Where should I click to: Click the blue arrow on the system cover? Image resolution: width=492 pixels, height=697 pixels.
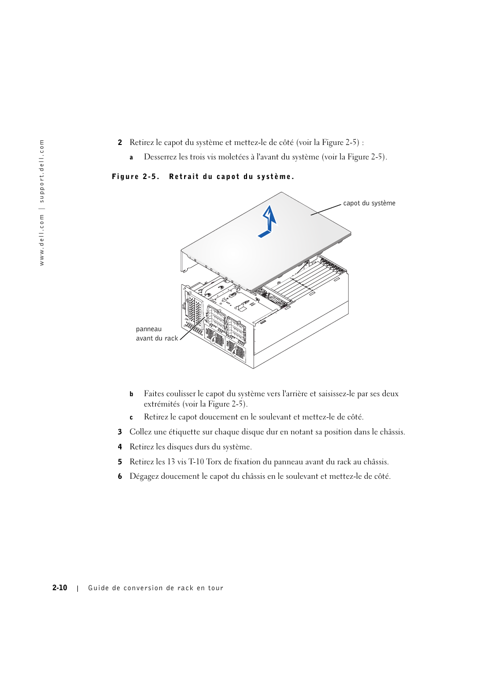[268, 221]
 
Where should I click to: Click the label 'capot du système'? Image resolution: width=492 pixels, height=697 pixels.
[369, 203]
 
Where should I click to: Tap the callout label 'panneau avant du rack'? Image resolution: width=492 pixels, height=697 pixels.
[156, 334]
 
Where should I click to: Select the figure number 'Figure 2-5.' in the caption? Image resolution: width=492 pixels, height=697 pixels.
[135, 176]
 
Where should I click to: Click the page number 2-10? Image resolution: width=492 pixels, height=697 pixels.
[60, 588]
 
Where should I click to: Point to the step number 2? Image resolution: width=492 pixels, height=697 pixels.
[120, 142]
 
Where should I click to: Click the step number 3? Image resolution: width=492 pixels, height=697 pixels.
[120, 432]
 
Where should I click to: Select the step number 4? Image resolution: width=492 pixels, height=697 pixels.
[120, 447]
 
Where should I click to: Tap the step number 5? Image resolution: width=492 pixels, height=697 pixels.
[120, 462]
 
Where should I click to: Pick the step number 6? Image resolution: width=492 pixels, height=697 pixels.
[120, 476]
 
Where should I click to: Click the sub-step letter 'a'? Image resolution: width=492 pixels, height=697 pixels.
[132, 157]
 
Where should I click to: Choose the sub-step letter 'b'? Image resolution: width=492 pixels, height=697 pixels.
[132, 394]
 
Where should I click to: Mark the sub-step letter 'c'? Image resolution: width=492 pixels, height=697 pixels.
[132, 417]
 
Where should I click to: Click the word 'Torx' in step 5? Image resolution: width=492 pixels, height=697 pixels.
[214, 462]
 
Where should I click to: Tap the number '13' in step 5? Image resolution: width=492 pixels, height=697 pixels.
[171, 462]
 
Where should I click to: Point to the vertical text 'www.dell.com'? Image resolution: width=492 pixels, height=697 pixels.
[42, 240]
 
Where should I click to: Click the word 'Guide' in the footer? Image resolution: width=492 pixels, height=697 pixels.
[98, 588]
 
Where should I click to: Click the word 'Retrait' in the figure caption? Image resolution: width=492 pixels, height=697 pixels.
[184, 176]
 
